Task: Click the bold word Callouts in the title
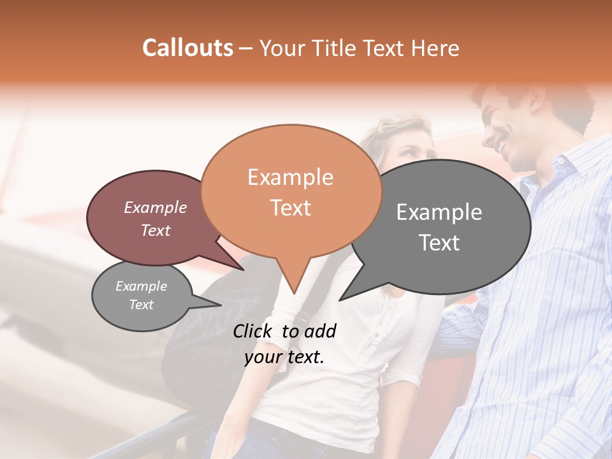pyautogui.click(x=187, y=48)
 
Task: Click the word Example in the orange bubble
pyautogui.click(x=290, y=177)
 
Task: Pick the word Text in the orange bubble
pyautogui.click(x=290, y=208)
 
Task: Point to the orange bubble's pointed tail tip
pyautogui.click(x=294, y=293)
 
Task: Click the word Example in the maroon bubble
pyautogui.click(x=156, y=207)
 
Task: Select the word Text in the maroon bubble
pyautogui.click(x=156, y=230)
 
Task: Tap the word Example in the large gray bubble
pyautogui.click(x=439, y=212)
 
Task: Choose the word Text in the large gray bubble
pyautogui.click(x=439, y=243)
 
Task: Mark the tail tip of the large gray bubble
pyautogui.click(x=340, y=300)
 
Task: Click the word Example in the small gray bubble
pyautogui.click(x=142, y=286)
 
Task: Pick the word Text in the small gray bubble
pyautogui.click(x=142, y=305)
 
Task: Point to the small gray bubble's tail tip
pyautogui.click(x=221, y=305)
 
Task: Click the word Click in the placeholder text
pyautogui.click(x=253, y=331)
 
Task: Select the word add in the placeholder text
pyautogui.click(x=320, y=331)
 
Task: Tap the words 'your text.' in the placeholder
pyautogui.click(x=284, y=358)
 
